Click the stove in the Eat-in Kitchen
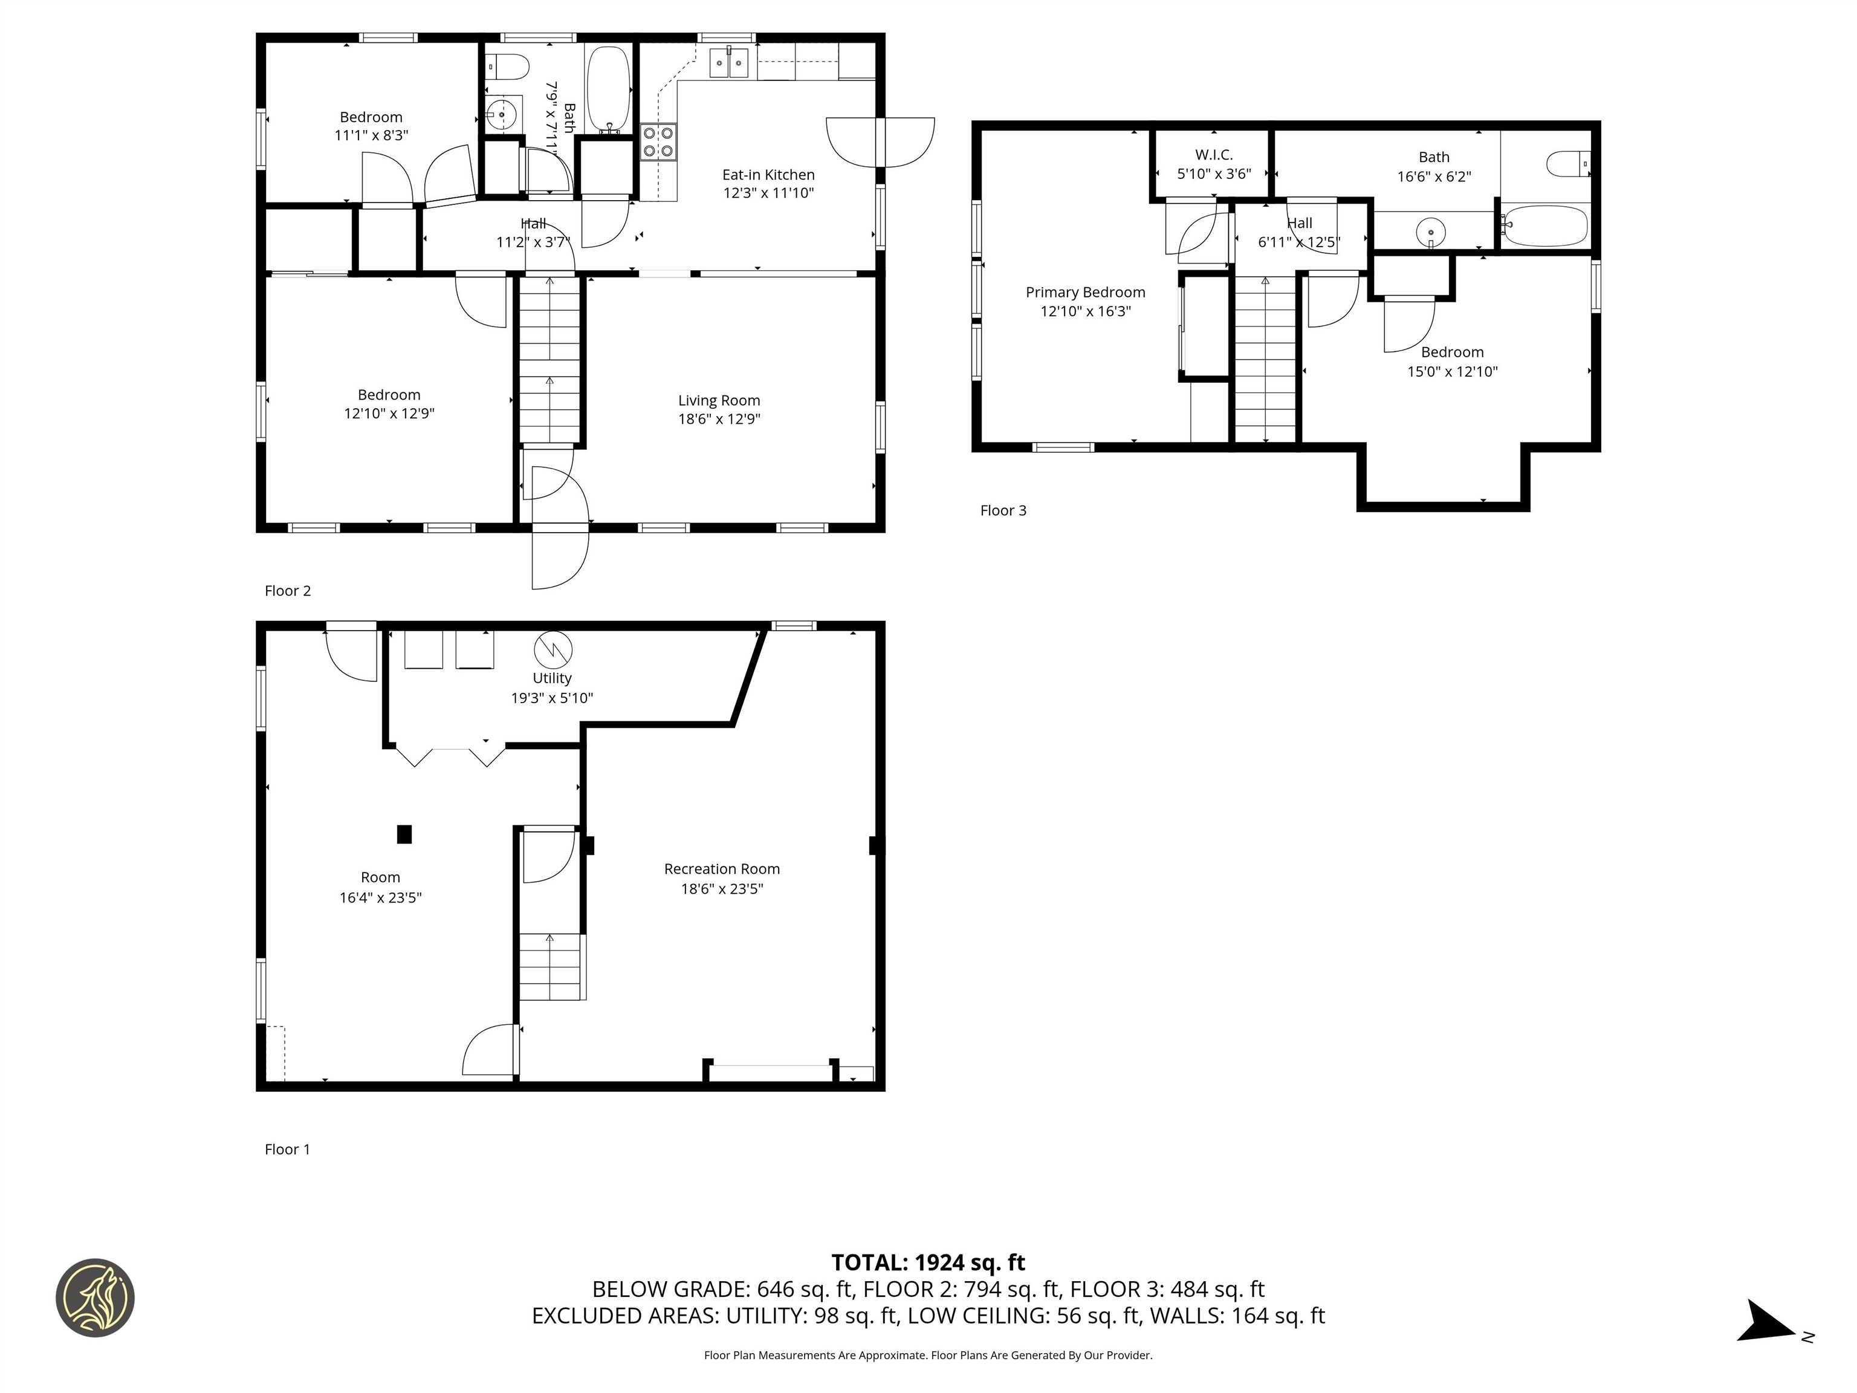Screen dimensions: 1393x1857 tap(658, 142)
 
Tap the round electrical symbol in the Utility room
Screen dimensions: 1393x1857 tap(553, 649)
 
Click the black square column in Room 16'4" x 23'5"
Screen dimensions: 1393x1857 tap(404, 834)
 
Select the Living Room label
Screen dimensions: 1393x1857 tap(719, 400)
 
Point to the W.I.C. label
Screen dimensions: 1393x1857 tap(1213, 155)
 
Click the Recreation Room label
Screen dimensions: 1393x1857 tap(721, 869)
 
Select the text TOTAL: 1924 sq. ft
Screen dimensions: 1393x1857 tap(928, 1262)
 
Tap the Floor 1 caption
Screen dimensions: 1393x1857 tap(287, 1149)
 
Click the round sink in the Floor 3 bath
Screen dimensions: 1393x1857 tap(1430, 231)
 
